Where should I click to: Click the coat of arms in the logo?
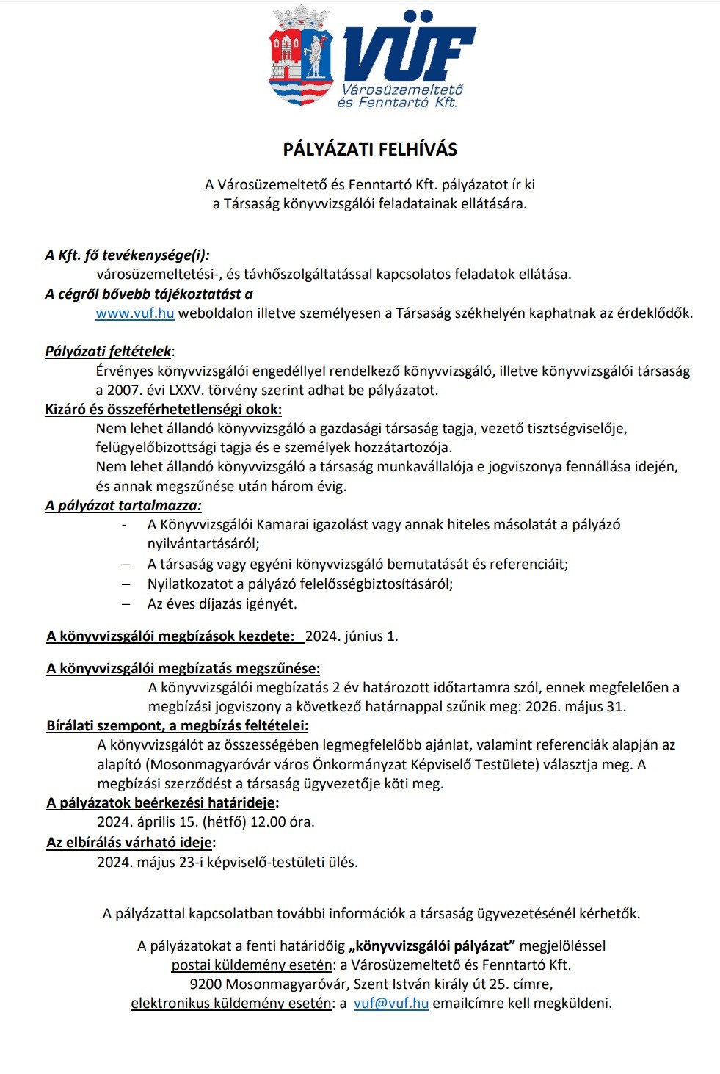tap(301, 57)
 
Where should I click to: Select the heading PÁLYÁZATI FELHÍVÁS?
tap(370, 150)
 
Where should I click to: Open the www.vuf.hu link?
tap(135, 313)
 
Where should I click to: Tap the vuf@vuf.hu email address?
tap(391, 1004)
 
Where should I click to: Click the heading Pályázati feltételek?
tap(108, 352)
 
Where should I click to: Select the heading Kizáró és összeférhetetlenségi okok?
tap(163, 410)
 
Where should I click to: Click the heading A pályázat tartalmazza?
tap(123, 506)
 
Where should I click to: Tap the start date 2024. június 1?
tap(352, 636)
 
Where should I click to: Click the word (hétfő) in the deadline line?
tap(225, 822)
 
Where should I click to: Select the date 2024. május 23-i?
tap(150, 863)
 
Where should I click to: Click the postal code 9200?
tap(206, 984)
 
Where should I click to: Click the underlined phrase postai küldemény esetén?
tap(252, 965)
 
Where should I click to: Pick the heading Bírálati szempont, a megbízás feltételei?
tap(177, 726)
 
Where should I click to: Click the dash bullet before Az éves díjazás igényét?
tap(126, 604)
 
